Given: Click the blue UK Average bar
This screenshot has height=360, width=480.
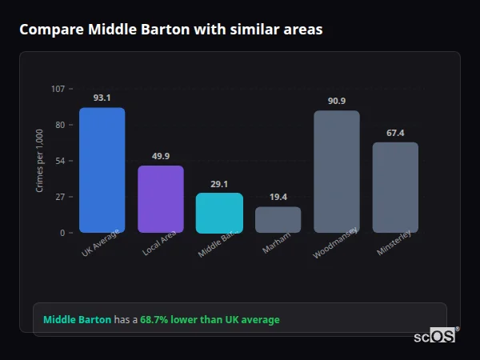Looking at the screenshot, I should pos(102,170).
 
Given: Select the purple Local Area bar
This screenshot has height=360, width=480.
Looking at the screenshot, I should pos(161,199).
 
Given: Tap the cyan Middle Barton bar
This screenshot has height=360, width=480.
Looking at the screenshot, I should pos(219,213).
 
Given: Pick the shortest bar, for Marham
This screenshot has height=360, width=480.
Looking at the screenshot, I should pos(278,220).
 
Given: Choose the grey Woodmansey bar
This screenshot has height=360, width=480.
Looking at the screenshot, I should pos(336,172).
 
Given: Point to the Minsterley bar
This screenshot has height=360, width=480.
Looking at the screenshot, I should pos(395,188).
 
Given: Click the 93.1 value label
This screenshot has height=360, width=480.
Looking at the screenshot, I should pos(102,98).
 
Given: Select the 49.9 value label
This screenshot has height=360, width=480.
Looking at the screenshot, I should pos(161,156).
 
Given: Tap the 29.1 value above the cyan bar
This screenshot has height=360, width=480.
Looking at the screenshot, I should pos(219,184).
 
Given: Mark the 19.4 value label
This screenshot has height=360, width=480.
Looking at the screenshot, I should pos(278,197).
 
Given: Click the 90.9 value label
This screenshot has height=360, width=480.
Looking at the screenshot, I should pos(336,101).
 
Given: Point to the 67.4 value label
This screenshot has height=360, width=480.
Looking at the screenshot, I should pos(395,133).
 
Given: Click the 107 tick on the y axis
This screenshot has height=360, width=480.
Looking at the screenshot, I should pos(58,89).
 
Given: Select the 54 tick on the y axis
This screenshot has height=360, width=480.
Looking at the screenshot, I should pos(60,161).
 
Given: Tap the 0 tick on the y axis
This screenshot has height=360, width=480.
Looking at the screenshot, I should pos(62,233).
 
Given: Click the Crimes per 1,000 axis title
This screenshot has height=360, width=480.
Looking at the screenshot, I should pos(40,161).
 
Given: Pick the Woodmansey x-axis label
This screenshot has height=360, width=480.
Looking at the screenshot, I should pos(335,243).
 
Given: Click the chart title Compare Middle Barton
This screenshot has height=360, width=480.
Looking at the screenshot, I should pos(170,30).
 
